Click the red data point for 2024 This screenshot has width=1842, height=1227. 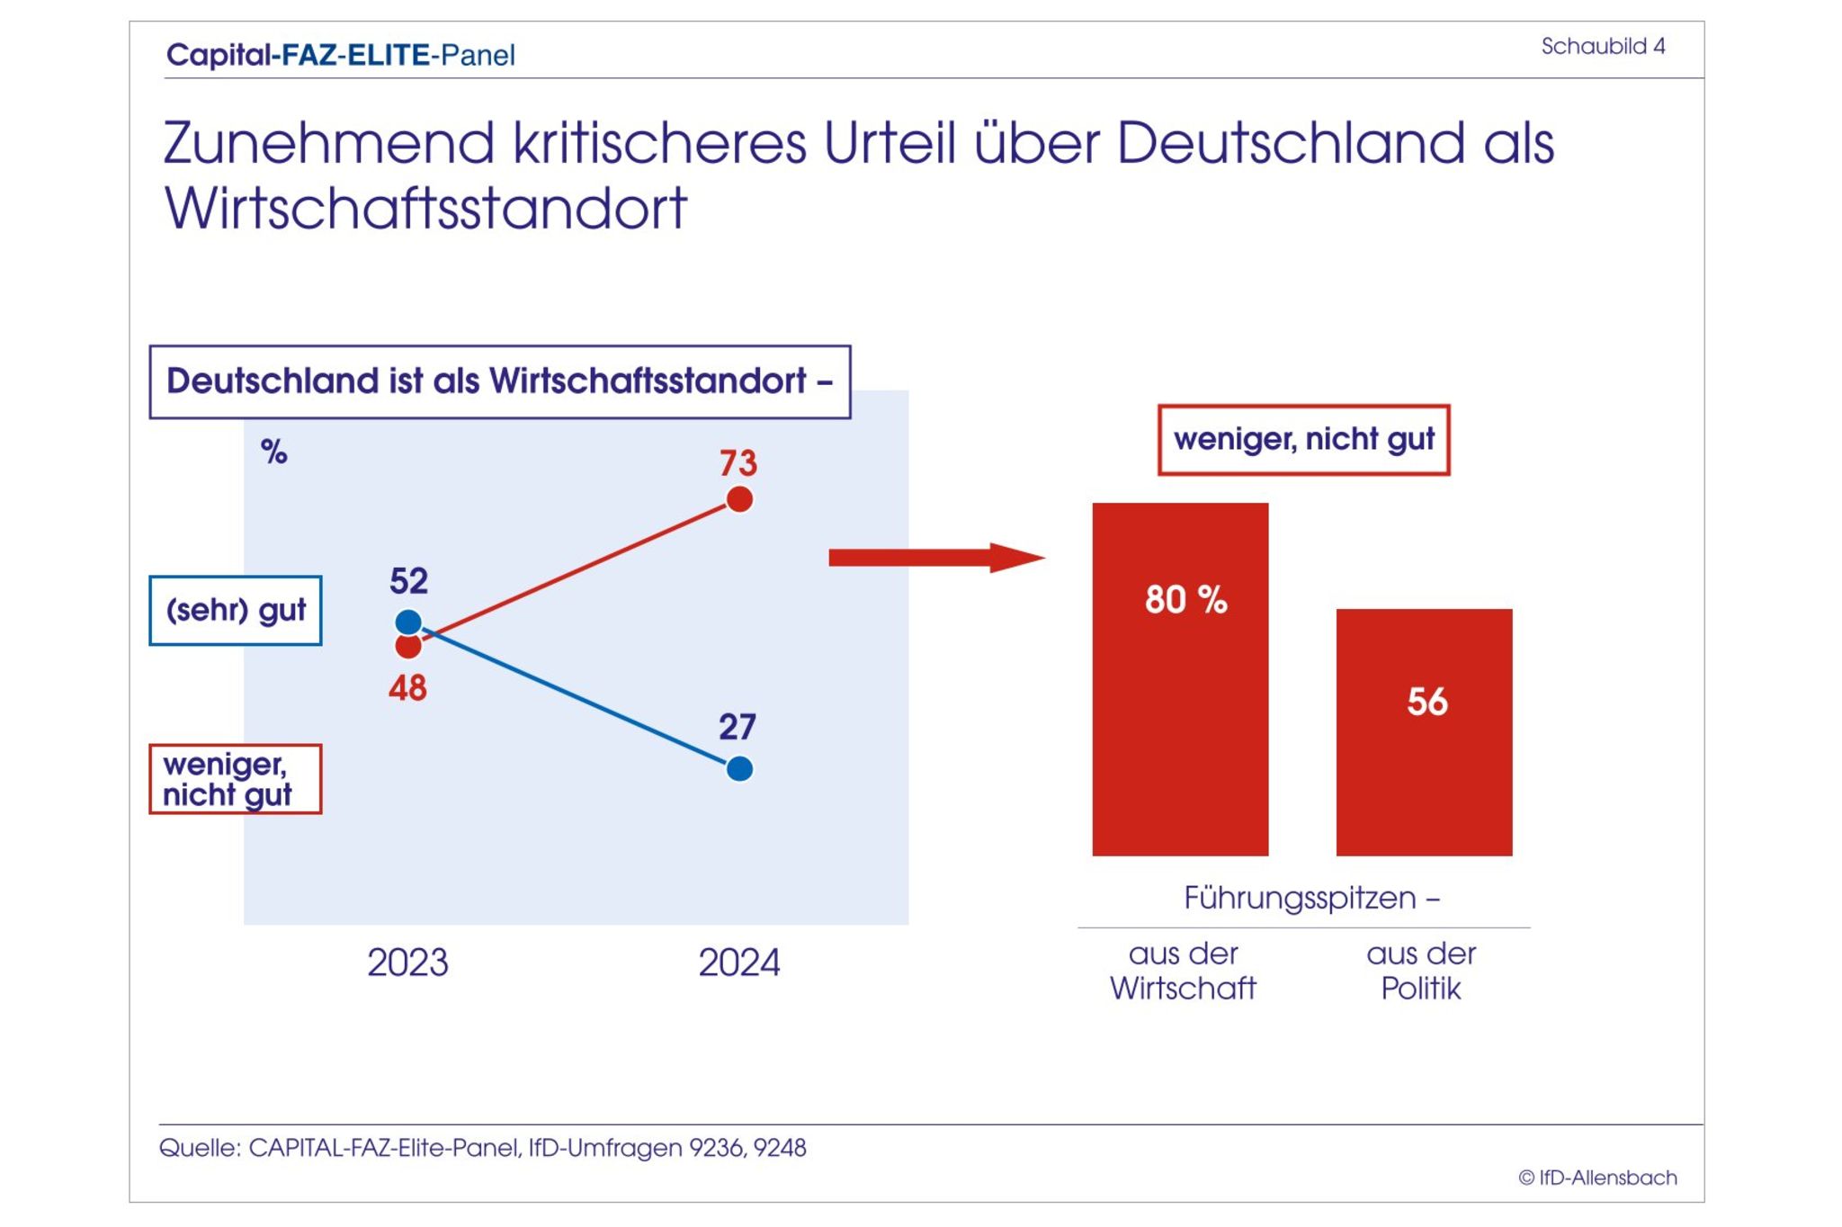coord(739,499)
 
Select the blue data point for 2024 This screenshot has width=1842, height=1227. coord(739,769)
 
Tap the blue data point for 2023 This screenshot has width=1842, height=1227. coord(408,622)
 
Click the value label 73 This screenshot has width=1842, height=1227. coord(738,463)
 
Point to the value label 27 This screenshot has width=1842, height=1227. coord(738,727)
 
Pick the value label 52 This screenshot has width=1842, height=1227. coord(408,581)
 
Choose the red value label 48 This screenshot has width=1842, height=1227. coord(407,689)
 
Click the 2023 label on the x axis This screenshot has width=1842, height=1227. coord(407,963)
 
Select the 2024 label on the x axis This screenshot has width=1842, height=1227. coord(739,963)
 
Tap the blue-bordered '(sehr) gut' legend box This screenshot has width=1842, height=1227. coord(236,611)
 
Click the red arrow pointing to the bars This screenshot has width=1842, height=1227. coord(935,558)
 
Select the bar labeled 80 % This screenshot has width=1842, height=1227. coord(1180,679)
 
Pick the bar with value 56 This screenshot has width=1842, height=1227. coord(1424,732)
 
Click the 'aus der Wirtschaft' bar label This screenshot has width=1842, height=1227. coord(1183,972)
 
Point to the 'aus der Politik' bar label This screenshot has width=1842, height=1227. coord(1421,972)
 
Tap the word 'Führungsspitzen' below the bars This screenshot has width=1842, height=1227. coord(1300,898)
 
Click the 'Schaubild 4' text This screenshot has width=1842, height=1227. coord(1603,47)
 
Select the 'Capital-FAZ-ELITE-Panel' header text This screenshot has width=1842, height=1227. coord(341,56)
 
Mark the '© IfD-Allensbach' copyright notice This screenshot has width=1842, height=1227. coord(1597,1178)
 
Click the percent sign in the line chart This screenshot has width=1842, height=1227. coord(274,452)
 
